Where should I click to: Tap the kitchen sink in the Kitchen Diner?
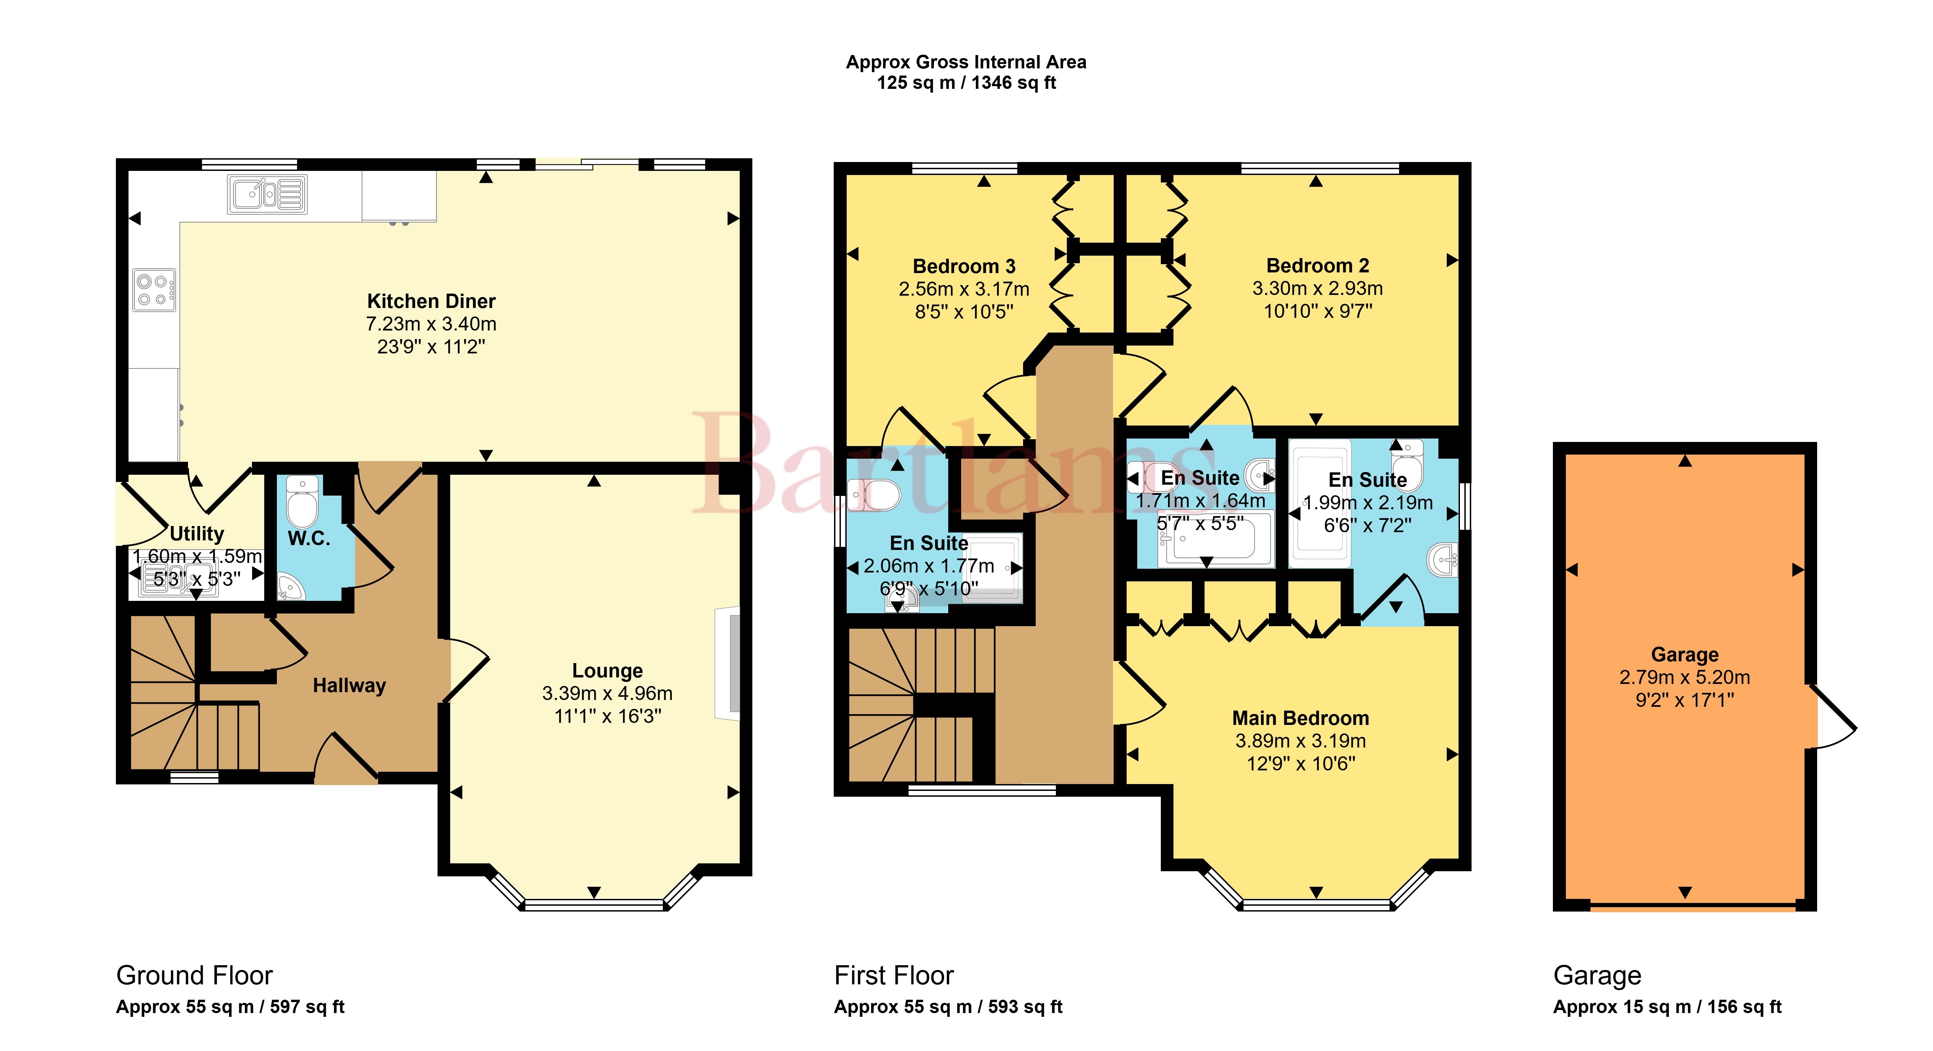[267, 194]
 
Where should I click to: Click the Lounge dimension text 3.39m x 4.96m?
[607, 693]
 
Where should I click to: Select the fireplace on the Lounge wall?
[728, 664]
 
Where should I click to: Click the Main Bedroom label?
[1300, 718]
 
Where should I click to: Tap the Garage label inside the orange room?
[1684, 654]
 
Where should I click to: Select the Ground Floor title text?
[194, 975]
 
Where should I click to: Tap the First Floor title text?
[894, 975]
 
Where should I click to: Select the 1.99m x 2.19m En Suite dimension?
[1368, 503]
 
